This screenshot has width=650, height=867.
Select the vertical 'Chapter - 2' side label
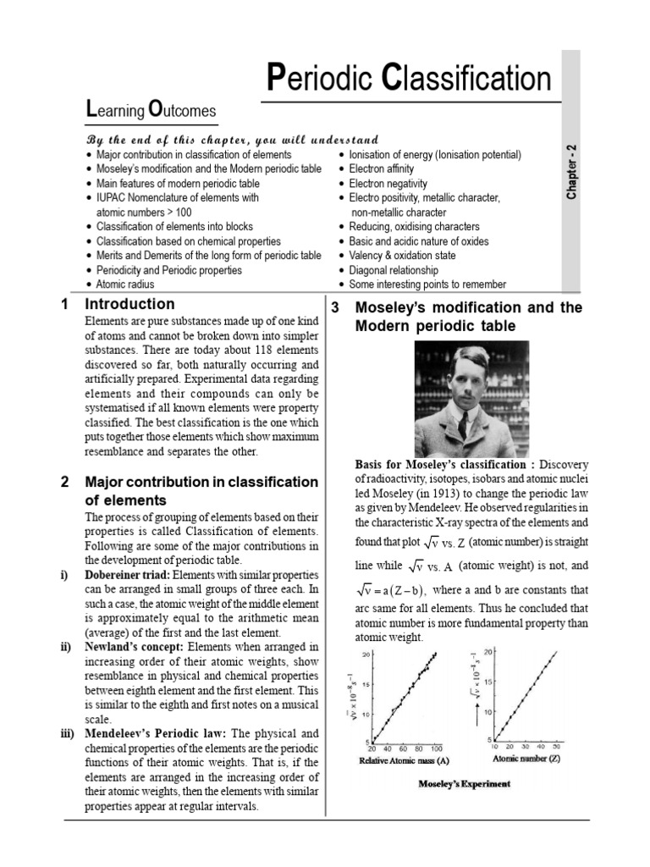coord(573,171)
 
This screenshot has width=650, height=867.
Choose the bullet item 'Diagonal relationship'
coord(394,270)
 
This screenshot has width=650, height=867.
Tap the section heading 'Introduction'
coord(130,304)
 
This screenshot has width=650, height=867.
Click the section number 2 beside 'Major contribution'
coord(65,482)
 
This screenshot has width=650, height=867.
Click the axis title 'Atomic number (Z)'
coord(526,759)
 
